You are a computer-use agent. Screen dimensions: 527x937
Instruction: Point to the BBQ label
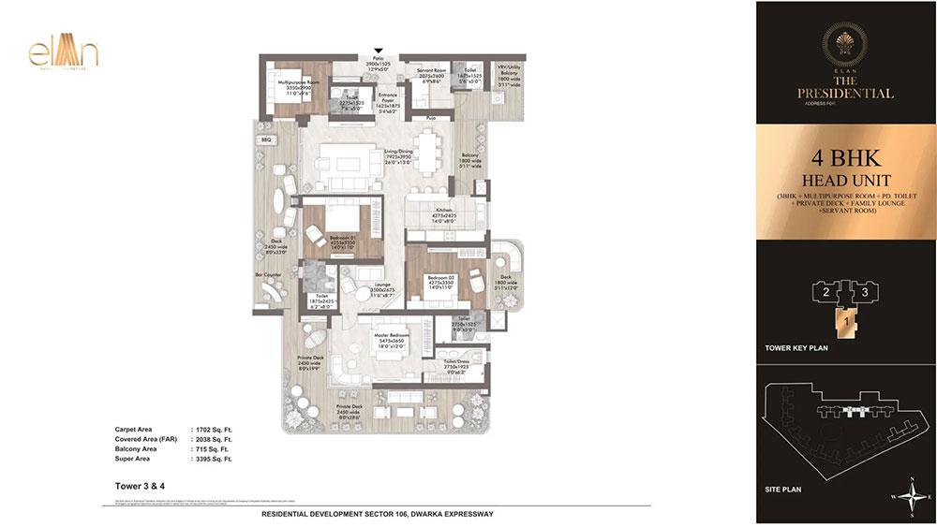click(x=266, y=139)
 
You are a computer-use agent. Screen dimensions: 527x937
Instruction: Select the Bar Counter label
click(x=268, y=275)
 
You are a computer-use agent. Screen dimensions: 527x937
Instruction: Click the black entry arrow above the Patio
click(x=379, y=51)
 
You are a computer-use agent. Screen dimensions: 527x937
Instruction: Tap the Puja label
click(x=431, y=119)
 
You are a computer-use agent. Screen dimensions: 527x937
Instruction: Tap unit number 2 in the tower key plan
click(x=825, y=292)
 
